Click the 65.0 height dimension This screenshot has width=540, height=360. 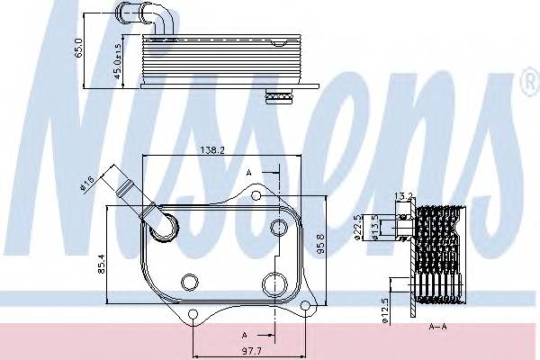click(x=79, y=45)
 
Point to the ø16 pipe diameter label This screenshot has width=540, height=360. click(x=87, y=184)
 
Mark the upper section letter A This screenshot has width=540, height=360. click(x=248, y=170)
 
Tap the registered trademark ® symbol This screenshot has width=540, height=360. click(x=527, y=87)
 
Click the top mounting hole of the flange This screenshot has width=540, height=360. click(x=256, y=195)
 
